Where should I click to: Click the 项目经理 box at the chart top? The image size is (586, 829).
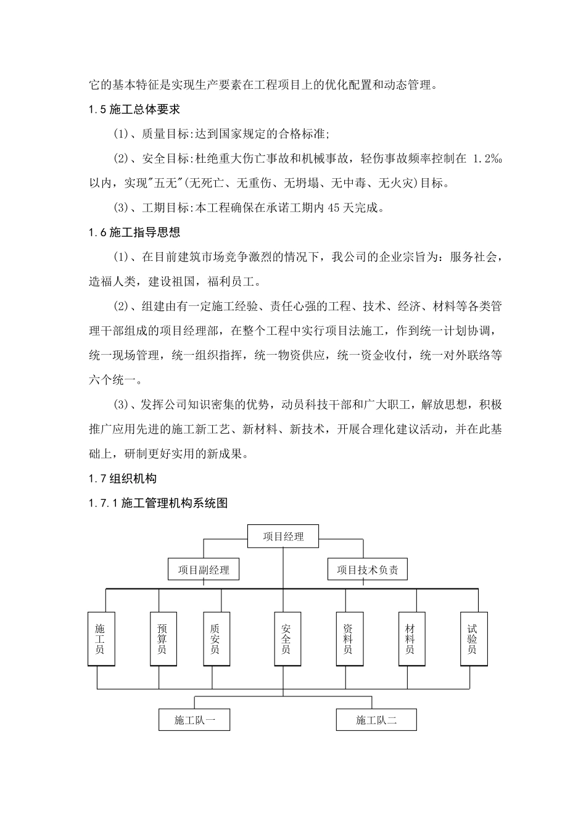pyautogui.click(x=283, y=537)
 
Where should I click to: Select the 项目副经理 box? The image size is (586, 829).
pyautogui.click(x=204, y=570)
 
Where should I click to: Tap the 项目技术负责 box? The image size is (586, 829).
pyautogui.click(x=367, y=570)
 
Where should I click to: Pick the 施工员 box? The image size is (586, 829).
pyautogui.click(x=101, y=639)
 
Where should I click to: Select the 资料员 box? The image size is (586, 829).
pyautogui.click(x=349, y=639)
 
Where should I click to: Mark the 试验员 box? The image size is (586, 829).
pyautogui.click(x=473, y=639)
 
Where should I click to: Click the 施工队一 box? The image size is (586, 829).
pyautogui.click(x=194, y=720)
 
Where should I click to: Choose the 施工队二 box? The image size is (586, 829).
pyautogui.click(x=376, y=720)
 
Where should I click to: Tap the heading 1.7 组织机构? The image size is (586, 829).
pyautogui.click(x=123, y=479)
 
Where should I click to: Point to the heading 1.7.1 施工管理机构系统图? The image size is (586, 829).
pyautogui.click(x=158, y=503)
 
